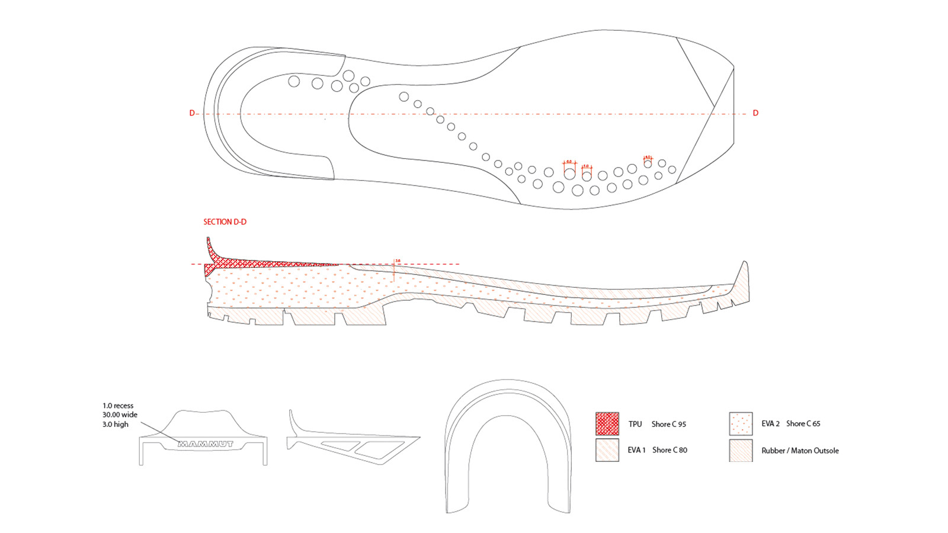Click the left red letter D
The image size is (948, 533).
click(x=191, y=113)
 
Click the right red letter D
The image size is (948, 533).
click(x=755, y=113)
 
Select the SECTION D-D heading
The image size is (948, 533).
click(x=225, y=222)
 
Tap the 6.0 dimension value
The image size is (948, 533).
click(x=569, y=161)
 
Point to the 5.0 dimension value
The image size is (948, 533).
click(x=587, y=166)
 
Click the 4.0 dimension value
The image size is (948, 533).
click(x=648, y=157)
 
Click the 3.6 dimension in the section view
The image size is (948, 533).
click(x=398, y=261)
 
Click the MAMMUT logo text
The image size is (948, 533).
click(x=206, y=444)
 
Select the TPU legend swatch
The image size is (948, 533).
click(x=607, y=424)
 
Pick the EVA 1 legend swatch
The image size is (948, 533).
click(x=607, y=450)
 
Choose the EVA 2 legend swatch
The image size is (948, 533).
click(x=741, y=424)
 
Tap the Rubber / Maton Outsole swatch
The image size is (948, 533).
click(x=741, y=450)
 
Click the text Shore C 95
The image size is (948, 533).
click(x=668, y=424)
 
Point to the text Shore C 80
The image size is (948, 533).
click(x=670, y=450)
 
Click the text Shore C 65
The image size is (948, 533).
click(x=803, y=423)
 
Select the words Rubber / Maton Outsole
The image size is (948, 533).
click(x=800, y=451)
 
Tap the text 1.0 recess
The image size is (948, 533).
click(x=118, y=406)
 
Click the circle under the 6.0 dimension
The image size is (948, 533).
click(x=569, y=174)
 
